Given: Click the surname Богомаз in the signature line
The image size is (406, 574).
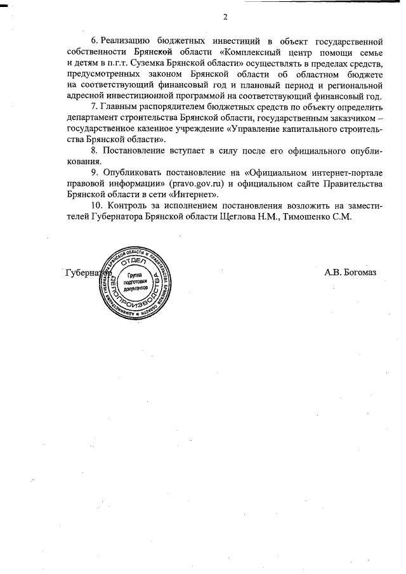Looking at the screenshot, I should pyautogui.click(x=359, y=273).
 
